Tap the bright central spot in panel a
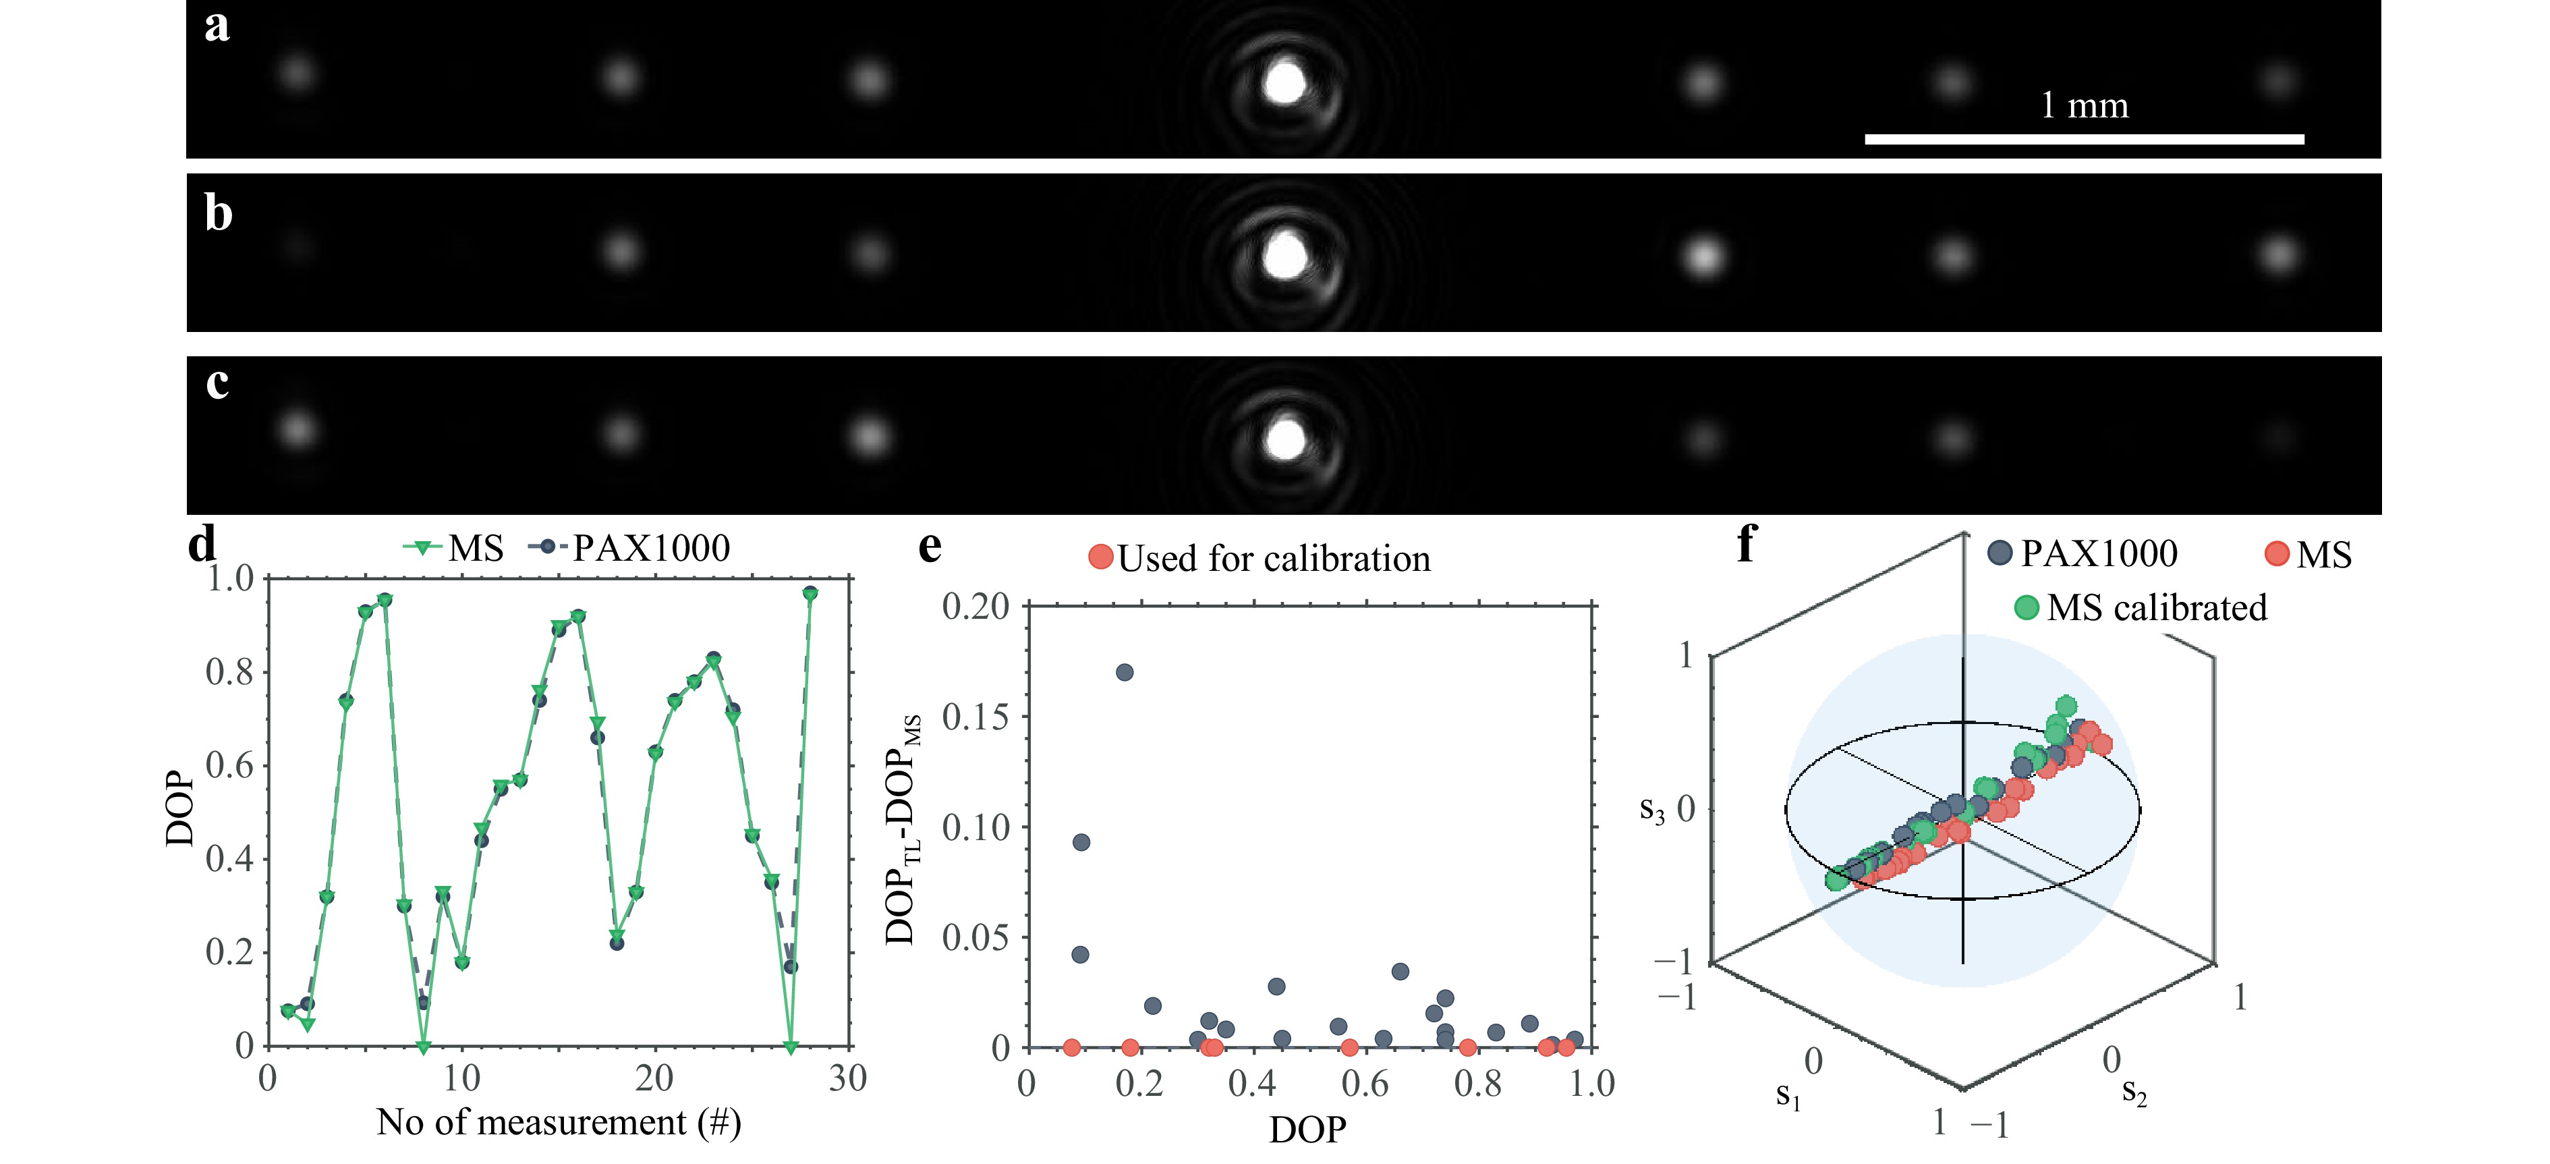pyautogui.click(x=1285, y=82)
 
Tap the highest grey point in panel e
pyautogui.click(x=1125, y=672)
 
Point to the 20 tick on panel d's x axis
pyautogui.click(x=654, y=1078)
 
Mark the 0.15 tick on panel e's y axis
pyautogui.click(x=975, y=717)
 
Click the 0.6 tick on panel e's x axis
pyautogui.click(x=1365, y=1083)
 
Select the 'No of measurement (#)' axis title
pyautogui.click(x=559, y=1122)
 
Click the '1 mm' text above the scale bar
pyautogui.click(x=2084, y=105)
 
